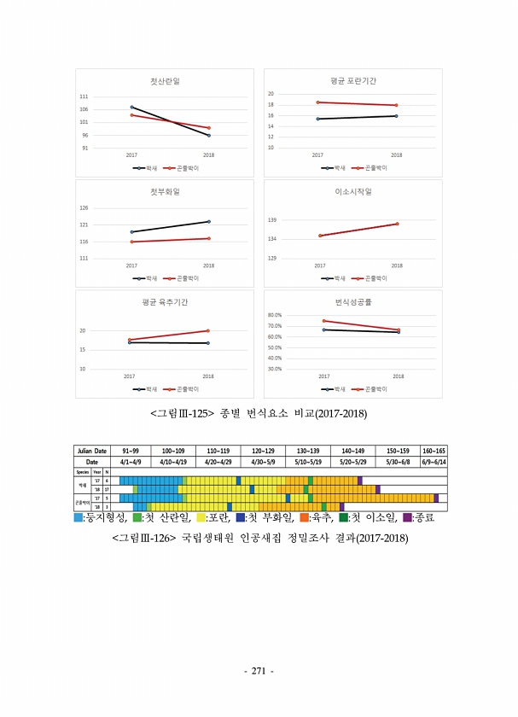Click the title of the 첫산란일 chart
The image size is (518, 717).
[x=165, y=82]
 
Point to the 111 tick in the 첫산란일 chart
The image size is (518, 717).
[x=108, y=97]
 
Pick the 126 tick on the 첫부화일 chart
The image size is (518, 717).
[x=108, y=208]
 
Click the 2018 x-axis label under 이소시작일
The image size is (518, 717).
[x=397, y=265]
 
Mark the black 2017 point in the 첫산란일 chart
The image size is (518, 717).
[x=131, y=108]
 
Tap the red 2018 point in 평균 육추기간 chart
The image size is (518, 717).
[x=208, y=330]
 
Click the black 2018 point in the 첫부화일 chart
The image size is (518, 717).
[x=208, y=222]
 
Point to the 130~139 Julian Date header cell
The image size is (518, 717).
[x=308, y=450]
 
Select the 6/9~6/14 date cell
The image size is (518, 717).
[x=434, y=461]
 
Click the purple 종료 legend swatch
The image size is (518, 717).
[x=407, y=517]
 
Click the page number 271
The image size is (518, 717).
[x=259, y=671]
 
